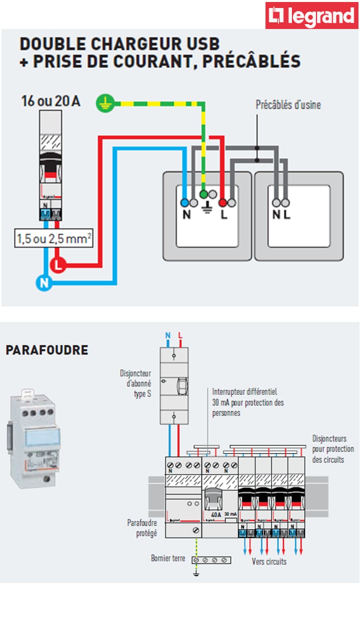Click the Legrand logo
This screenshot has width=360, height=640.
point(312,15)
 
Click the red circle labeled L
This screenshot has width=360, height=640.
point(58,265)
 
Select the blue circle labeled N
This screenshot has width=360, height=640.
point(43,283)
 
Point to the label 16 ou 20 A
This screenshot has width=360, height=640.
point(50,101)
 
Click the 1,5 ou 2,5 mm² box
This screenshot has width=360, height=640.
point(54,238)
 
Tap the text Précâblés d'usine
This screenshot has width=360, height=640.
point(288,105)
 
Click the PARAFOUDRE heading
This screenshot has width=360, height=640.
point(46,350)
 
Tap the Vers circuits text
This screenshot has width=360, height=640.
point(269,561)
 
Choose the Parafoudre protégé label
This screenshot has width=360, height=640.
point(142,528)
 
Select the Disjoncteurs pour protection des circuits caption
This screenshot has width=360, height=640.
point(333,449)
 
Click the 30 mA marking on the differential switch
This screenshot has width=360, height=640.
point(230,514)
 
